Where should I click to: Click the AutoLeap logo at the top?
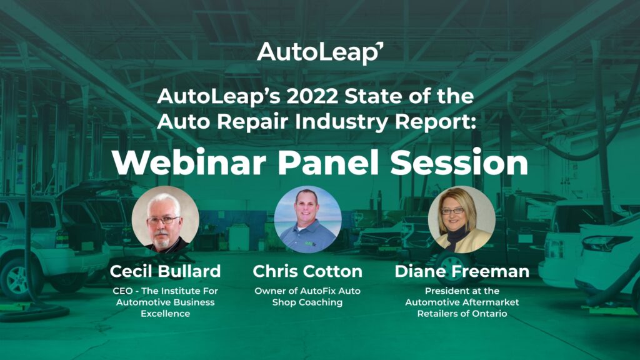(x=320, y=53)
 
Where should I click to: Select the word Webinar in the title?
(x=189, y=163)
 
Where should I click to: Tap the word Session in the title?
(x=459, y=163)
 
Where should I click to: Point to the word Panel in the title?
(x=328, y=163)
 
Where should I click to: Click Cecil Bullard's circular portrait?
(x=165, y=219)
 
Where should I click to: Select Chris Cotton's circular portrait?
(x=307, y=219)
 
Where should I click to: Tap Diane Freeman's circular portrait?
(x=462, y=219)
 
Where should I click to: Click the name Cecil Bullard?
(x=165, y=271)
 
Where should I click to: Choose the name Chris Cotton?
(x=307, y=271)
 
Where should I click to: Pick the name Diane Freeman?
(x=462, y=271)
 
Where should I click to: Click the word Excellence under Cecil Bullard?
(x=165, y=314)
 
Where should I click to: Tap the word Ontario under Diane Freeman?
(x=490, y=314)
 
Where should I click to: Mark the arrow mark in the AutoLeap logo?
(x=379, y=46)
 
